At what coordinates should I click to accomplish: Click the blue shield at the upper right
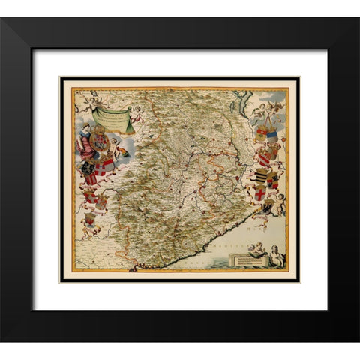[x=272, y=135]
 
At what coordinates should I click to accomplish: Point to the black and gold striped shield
[x=262, y=177]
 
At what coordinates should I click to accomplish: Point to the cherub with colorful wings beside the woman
[x=116, y=146]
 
